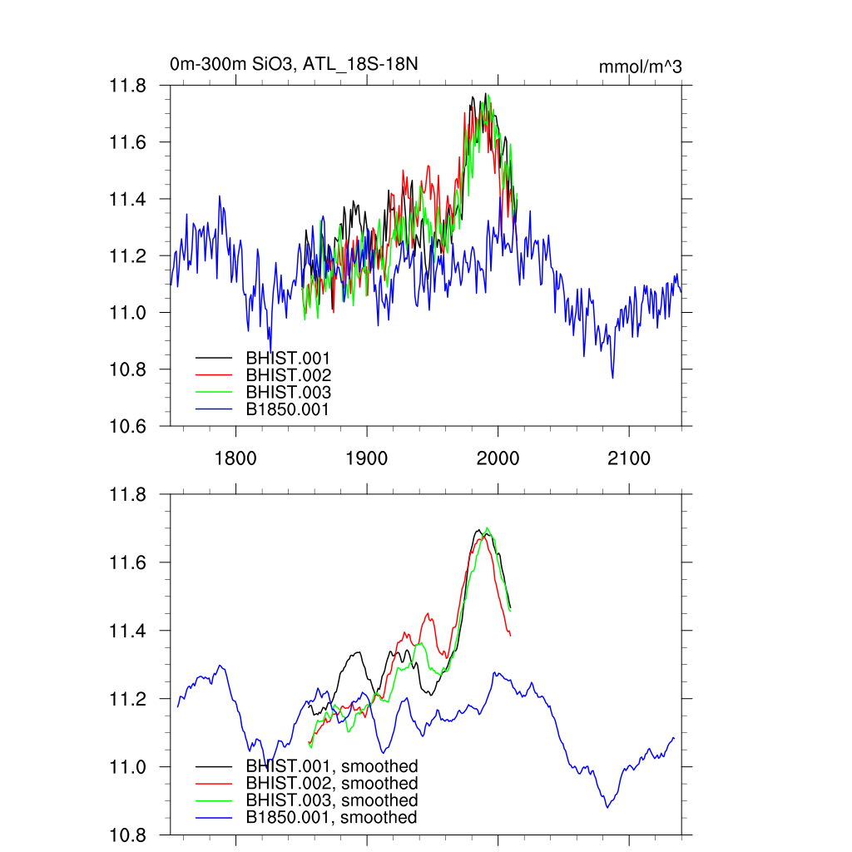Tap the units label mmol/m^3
[641, 67]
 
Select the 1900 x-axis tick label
[367, 458]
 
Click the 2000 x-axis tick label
[498, 458]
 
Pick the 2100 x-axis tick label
[628, 458]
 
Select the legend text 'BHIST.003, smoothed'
[331, 800]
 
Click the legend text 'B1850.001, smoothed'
[331, 818]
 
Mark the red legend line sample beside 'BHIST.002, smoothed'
[213, 783]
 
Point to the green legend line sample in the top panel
[213, 392]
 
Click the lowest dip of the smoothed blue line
[607, 807]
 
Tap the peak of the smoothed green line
[488, 528]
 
